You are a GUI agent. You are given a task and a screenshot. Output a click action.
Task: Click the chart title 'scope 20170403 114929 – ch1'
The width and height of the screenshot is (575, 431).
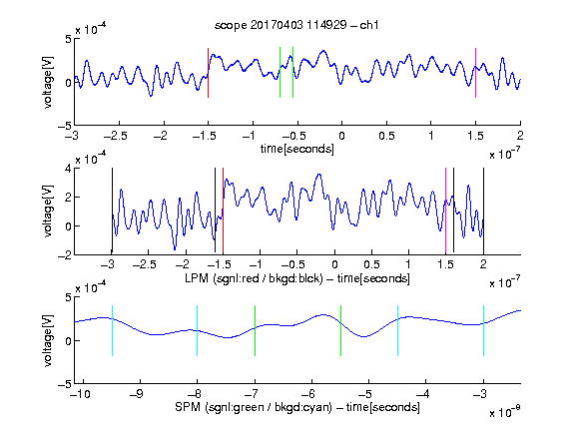click(x=296, y=25)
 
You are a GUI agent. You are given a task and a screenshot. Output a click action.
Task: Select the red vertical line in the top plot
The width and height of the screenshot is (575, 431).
click(x=209, y=73)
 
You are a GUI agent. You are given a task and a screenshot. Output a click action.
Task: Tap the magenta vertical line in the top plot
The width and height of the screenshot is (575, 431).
click(x=475, y=73)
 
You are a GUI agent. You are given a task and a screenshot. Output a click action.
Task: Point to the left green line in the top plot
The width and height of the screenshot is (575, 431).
click(x=280, y=73)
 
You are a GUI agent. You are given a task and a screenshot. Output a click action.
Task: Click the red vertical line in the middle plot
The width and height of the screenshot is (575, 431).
click(x=223, y=211)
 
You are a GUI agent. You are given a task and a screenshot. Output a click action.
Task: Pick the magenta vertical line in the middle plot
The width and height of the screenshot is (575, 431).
click(x=445, y=211)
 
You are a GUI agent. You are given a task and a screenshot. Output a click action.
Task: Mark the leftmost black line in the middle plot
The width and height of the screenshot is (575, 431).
click(x=112, y=211)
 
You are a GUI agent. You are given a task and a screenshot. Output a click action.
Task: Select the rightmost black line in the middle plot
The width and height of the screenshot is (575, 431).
click(x=483, y=211)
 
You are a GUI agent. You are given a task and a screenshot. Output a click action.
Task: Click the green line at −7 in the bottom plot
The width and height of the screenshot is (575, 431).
click(x=255, y=330)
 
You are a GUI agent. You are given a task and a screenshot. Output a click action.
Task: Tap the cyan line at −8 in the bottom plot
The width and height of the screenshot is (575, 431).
click(x=198, y=330)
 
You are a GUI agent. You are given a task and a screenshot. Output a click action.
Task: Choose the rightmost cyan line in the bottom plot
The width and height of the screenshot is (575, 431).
click(x=483, y=330)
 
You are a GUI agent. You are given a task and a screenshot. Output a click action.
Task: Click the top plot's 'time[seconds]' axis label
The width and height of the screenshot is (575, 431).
click(x=297, y=149)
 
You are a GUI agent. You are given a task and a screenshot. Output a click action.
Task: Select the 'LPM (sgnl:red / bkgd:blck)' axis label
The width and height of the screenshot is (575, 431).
click(x=254, y=278)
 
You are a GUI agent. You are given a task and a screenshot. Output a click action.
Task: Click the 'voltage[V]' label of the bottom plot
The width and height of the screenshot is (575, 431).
click(x=48, y=340)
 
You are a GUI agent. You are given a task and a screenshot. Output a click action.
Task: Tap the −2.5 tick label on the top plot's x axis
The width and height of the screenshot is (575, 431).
click(x=116, y=136)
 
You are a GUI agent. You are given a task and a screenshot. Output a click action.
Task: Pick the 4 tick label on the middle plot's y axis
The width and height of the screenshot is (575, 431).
click(x=68, y=169)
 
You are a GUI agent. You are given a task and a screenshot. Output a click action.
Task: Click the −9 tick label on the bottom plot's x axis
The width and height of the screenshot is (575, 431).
click(x=137, y=394)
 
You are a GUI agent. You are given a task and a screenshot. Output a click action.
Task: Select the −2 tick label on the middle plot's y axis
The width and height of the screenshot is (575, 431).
click(x=65, y=255)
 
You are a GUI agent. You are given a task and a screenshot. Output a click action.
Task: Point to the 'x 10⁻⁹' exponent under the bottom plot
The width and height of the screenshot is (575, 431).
click(x=505, y=412)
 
